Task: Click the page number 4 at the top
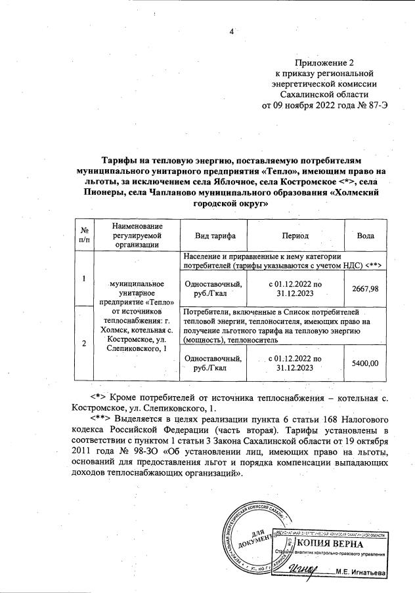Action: tap(230, 31)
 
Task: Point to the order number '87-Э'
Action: tap(368, 105)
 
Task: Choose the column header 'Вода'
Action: tap(365, 235)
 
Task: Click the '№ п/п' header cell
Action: tap(83, 235)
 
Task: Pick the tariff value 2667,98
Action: tap(365, 289)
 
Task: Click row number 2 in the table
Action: tap(83, 343)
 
